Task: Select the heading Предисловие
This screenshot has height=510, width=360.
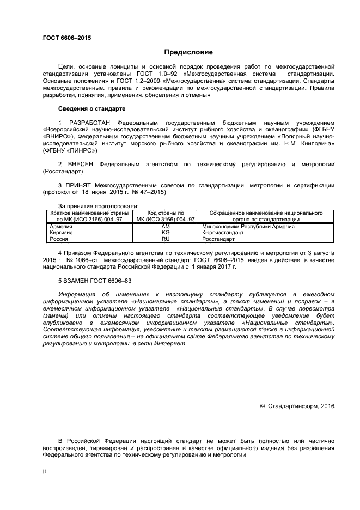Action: [189, 52]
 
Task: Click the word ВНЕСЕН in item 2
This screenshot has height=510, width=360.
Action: [82, 163]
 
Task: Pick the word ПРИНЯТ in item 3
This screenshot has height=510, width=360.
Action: [80, 186]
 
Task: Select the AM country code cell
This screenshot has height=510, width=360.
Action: [166, 226]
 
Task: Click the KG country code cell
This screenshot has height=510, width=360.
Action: [166, 232]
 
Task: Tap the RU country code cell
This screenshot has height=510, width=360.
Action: [166, 239]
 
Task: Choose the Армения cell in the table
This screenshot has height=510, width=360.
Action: [60, 226]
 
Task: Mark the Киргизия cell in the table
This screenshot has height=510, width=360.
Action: [61, 232]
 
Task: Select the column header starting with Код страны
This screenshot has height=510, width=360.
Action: [166, 216]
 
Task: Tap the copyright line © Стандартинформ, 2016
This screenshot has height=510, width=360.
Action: [297, 405]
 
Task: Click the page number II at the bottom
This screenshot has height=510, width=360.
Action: [45, 473]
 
